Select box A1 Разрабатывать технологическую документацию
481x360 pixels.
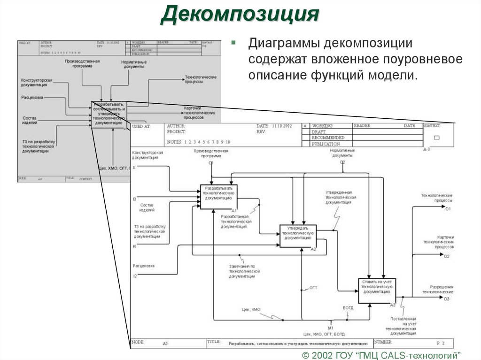pyautogui.click(x=219, y=197)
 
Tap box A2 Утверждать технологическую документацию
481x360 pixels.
pyautogui.click(x=298, y=235)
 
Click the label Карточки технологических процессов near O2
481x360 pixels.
pyautogui.click(x=439, y=242)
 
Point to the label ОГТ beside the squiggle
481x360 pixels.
pyautogui.click(x=313, y=287)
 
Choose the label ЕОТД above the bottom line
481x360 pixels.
pyautogui.click(x=348, y=307)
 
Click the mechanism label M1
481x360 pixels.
pyautogui.click(x=330, y=327)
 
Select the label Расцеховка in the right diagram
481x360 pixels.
pyautogui.click(x=143, y=266)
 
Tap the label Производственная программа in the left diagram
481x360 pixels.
pyautogui.click(x=82, y=64)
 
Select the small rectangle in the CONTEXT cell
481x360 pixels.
pyautogui.click(x=436, y=138)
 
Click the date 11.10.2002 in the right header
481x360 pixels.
pyautogui.click(x=281, y=126)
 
